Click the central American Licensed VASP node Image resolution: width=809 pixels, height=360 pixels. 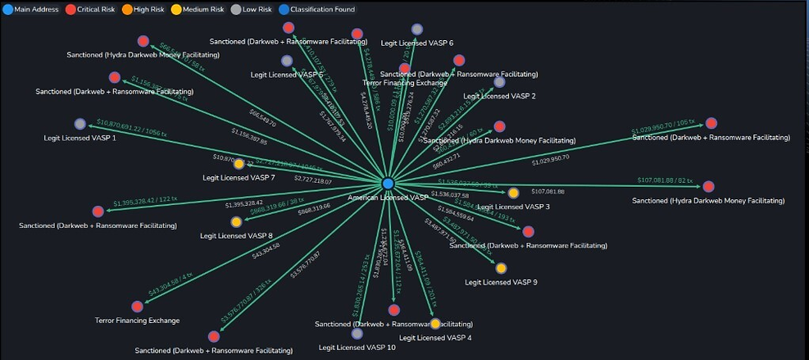[388, 183]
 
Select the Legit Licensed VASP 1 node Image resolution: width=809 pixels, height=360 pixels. [80, 124]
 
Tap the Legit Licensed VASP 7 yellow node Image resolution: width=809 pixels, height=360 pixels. [239, 164]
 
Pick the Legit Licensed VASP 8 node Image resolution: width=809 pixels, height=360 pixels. [236, 221]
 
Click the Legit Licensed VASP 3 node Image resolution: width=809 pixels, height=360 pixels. [513, 193]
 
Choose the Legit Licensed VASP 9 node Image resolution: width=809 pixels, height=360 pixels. [501, 268]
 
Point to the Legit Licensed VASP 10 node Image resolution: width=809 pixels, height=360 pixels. [357, 334]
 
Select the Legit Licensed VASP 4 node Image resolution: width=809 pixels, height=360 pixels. [435, 324]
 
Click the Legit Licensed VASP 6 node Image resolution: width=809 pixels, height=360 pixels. [417, 30]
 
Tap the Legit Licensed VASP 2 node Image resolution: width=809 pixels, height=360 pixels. [499, 82]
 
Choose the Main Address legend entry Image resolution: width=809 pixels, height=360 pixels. [31, 8]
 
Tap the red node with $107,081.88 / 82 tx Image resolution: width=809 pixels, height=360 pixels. [708, 186]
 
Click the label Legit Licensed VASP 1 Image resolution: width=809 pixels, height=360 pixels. [80, 138]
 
